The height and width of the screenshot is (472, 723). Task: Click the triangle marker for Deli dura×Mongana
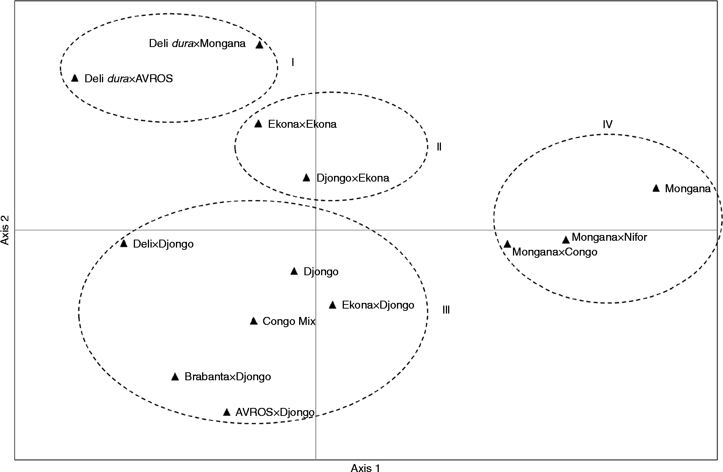click(x=259, y=45)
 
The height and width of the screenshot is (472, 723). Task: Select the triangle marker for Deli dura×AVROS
click(x=75, y=78)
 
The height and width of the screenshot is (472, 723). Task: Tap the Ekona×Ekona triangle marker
click(x=258, y=124)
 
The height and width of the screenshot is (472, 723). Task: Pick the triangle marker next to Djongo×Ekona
click(x=307, y=178)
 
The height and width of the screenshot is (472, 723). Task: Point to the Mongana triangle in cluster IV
click(x=656, y=188)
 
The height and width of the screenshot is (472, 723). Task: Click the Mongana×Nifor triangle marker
click(x=566, y=240)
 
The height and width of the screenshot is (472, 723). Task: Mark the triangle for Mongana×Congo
click(x=507, y=244)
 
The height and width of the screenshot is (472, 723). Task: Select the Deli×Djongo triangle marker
click(x=124, y=243)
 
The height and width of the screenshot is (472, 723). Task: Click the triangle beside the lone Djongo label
click(x=294, y=271)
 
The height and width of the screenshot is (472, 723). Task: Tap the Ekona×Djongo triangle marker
click(x=332, y=305)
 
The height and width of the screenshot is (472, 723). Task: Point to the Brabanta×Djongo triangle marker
click(x=175, y=377)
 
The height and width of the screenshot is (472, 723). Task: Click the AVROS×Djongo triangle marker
click(x=227, y=412)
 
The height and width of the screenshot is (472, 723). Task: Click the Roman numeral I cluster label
click(x=293, y=62)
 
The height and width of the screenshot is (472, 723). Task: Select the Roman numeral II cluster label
click(x=439, y=147)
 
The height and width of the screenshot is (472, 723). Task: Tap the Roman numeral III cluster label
click(x=446, y=310)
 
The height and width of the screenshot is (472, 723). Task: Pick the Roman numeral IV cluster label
click(x=607, y=124)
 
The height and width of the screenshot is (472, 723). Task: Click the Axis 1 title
click(x=365, y=468)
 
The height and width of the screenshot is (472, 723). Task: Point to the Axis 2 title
click(x=5, y=230)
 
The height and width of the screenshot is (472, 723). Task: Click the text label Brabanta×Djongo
click(x=227, y=377)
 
